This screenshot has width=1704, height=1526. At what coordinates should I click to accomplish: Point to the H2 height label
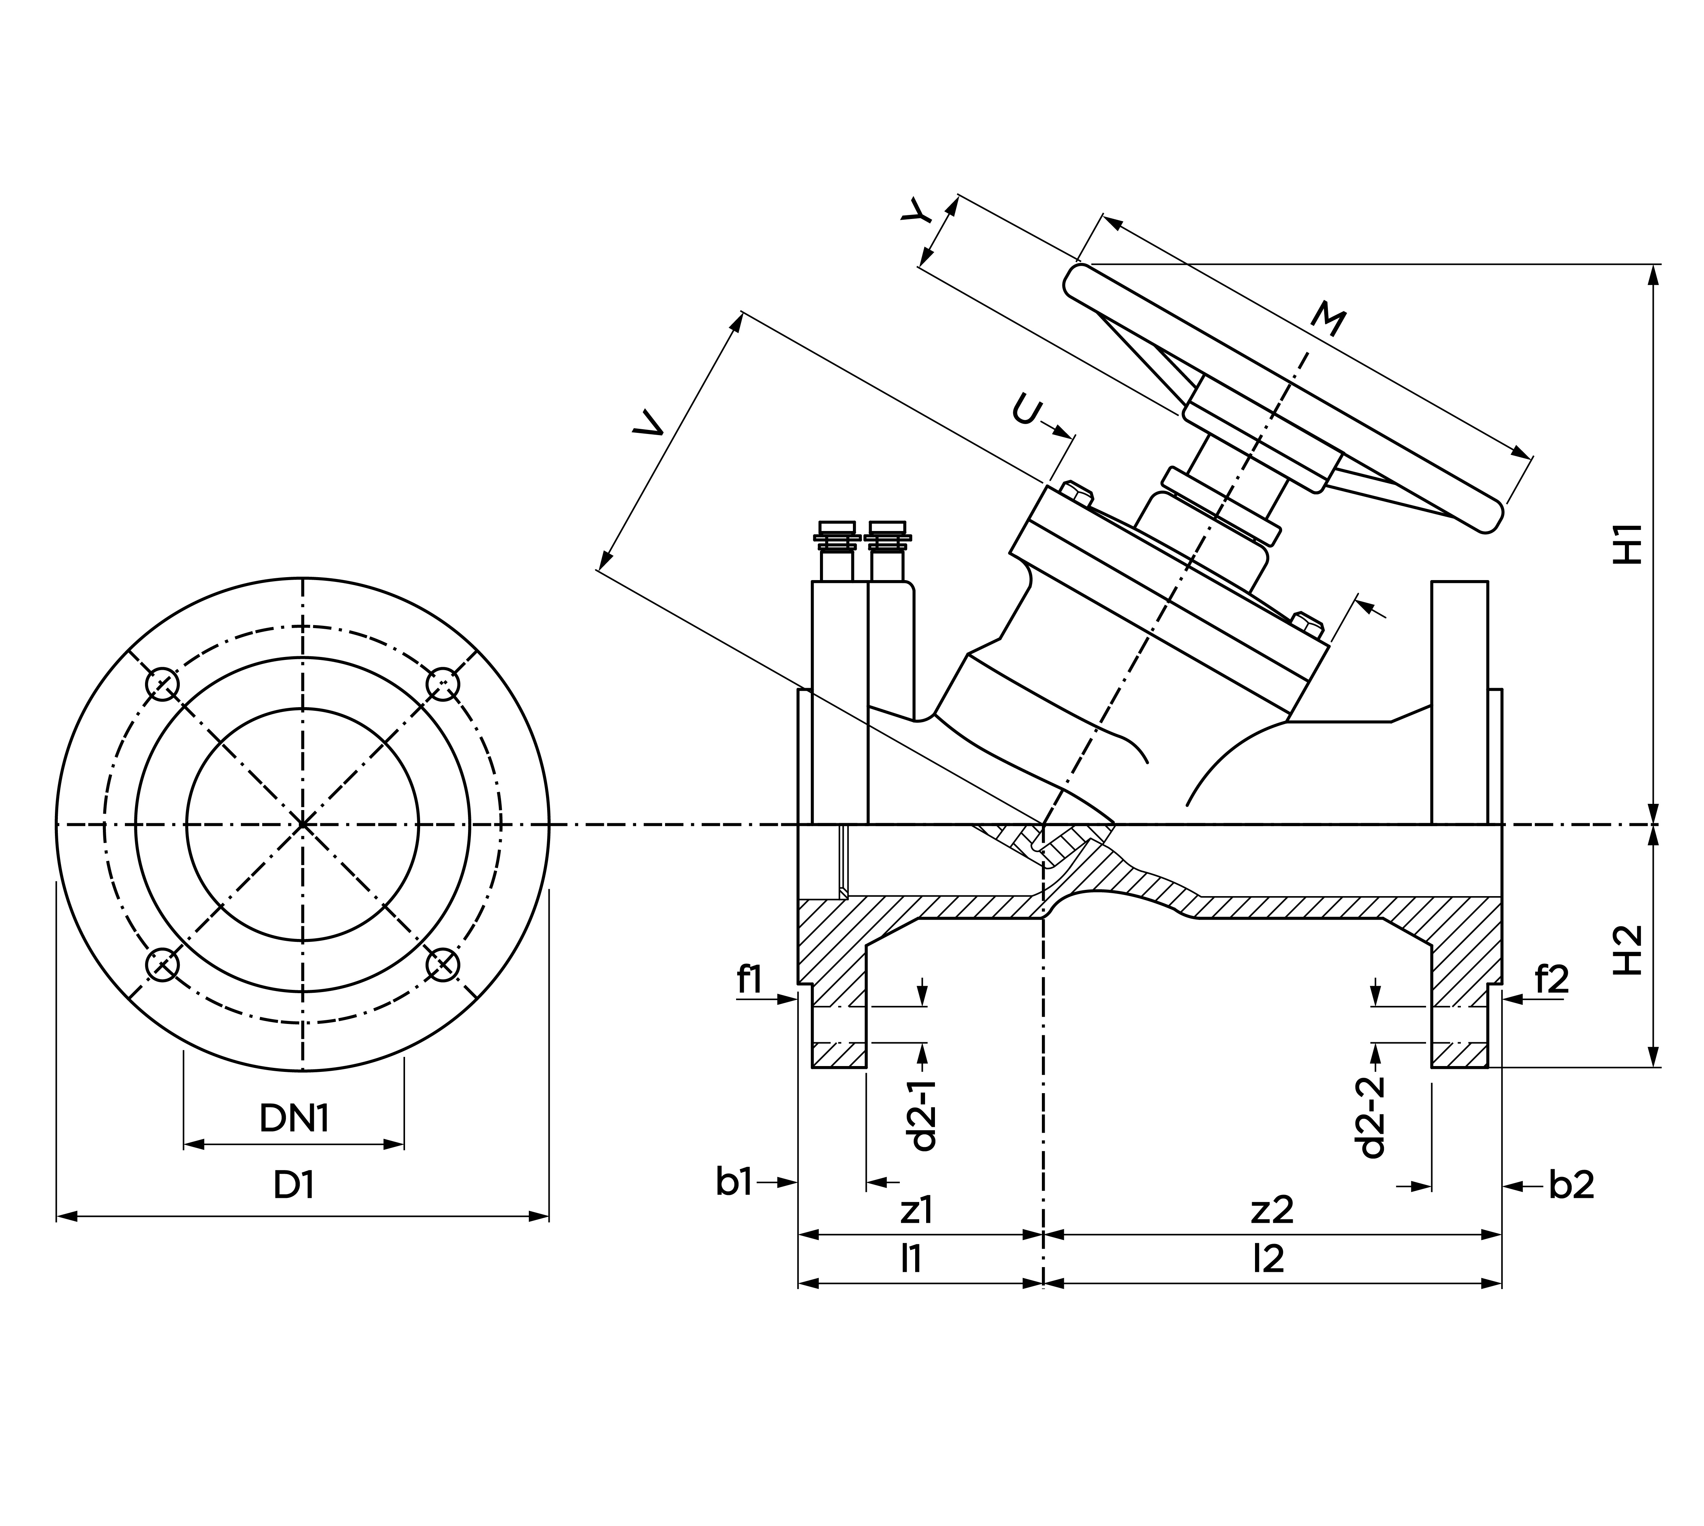coord(1628,950)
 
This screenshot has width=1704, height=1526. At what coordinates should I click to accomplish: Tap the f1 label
coord(749,979)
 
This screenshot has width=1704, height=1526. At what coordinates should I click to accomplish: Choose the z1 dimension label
coord(916,1210)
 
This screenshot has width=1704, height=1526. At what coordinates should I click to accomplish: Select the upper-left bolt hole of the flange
coord(163,684)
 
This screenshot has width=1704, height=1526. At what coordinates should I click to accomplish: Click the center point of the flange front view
coord(303,825)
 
